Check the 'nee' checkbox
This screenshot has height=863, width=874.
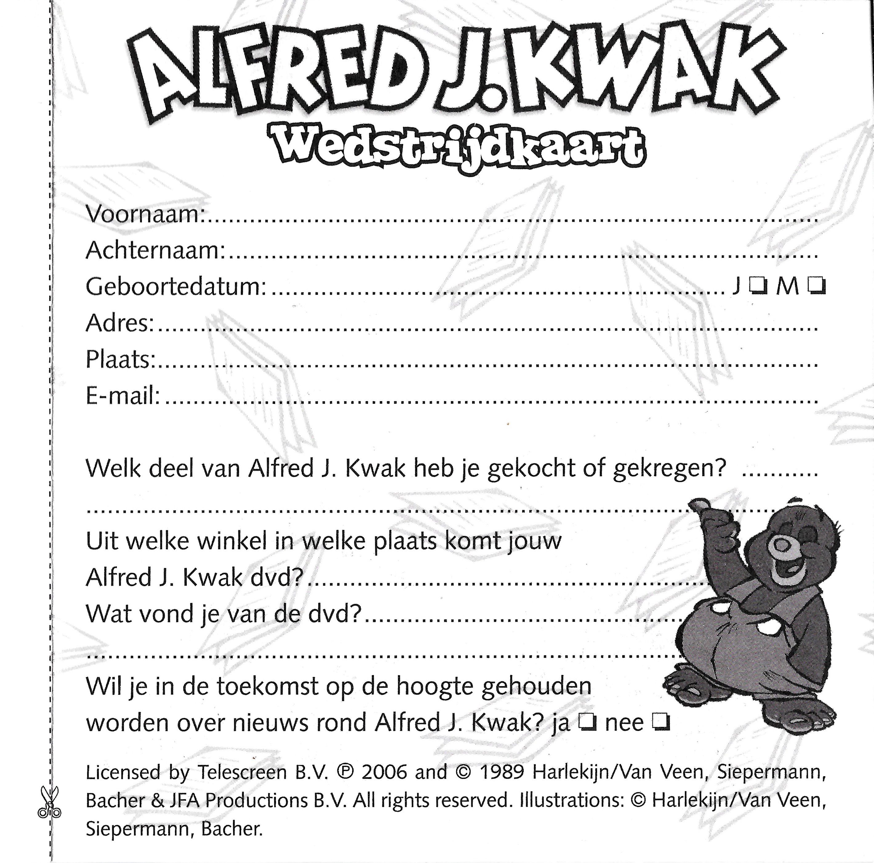660,723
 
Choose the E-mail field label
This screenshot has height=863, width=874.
122,396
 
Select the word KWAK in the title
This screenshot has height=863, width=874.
642,72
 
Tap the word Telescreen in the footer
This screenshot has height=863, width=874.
242,772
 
